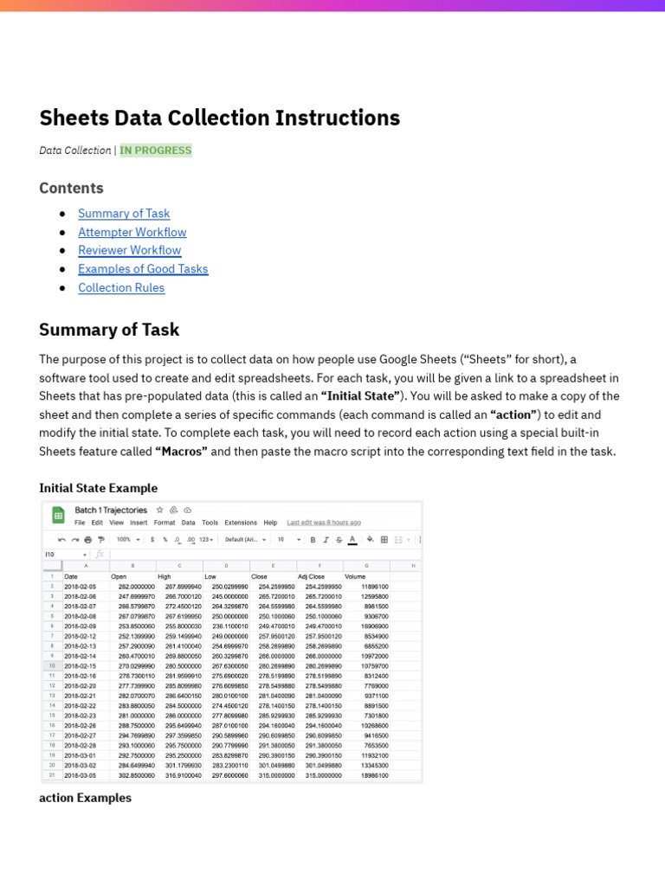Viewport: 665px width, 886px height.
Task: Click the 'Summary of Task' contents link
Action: click(124, 214)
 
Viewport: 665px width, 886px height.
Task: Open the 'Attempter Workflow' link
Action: click(132, 232)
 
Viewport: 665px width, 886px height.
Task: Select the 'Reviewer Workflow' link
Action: click(129, 251)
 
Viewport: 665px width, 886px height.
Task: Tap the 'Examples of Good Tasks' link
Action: click(143, 269)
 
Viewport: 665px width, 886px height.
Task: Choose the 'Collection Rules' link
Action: click(121, 288)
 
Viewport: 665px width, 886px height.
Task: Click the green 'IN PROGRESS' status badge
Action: click(156, 151)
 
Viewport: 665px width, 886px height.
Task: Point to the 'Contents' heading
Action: click(71, 188)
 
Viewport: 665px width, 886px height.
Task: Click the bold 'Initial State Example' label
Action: click(98, 488)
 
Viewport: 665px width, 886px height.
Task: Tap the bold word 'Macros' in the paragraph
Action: click(182, 452)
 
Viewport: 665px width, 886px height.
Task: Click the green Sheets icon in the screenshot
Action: click(59, 516)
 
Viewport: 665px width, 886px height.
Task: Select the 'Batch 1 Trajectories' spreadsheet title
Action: click(111, 510)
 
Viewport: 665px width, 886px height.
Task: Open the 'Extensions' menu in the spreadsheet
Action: click(241, 523)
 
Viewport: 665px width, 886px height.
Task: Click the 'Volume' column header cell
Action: click(355, 576)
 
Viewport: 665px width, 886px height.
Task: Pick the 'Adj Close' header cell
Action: click(312, 576)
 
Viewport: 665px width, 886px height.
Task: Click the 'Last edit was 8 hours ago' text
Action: click(324, 523)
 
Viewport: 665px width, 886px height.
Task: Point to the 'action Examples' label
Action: click(85, 798)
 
